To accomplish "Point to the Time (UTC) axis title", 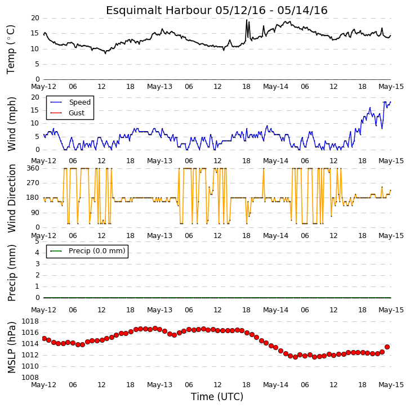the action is (x=217, y=397).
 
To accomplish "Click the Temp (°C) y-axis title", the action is (x=11, y=50).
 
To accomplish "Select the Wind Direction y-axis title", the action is (x=12, y=198).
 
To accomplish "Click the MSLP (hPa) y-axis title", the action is (x=12, y=347).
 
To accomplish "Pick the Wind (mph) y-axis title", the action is (x=12, y=124).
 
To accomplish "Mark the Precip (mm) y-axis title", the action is (x=12, y=273).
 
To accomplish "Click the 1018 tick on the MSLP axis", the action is (x=30, y=321).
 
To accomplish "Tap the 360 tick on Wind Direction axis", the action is (x=33, y=168).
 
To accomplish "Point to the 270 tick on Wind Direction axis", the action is (x=33, y=183).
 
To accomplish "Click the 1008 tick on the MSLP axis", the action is (x=30, y=378).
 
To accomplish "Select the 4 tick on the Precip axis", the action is (x=37, y=253).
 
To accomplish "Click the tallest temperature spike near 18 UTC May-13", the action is (x=247, y=20).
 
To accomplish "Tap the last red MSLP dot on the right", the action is (x=387, y=347).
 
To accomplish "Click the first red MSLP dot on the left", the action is (x=44, y=339).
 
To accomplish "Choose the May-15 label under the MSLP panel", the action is (x=391, y=385).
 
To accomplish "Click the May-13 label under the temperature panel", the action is (x=159, y=87).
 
